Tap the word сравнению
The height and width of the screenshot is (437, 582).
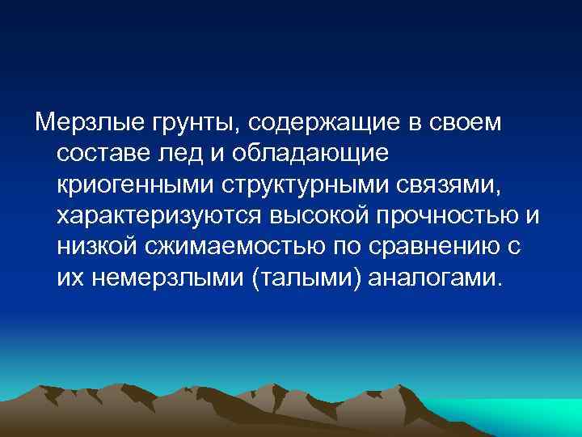[x=433, y=246]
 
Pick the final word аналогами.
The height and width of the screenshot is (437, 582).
[x=435, y=277]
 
